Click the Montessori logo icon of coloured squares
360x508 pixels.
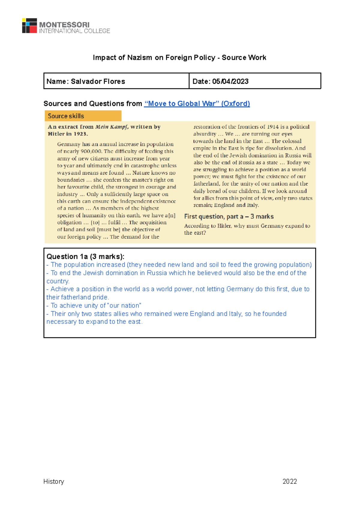click(x=29, y=26)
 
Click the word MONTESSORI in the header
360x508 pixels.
click(x=64, y=25)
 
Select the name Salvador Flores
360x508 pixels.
click(x=98, y=82)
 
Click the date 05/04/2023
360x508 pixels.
click(x=230, y=82)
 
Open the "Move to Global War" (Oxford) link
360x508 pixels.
click(x=197, y=104)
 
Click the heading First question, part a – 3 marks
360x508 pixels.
click(x=229, y=217)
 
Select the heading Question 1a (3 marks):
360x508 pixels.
click(x=85, y=257)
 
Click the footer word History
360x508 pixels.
click(x=54, y=481)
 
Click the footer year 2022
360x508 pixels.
click(x=289, y=481)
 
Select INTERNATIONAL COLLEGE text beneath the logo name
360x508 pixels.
click(x=74, y=31)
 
